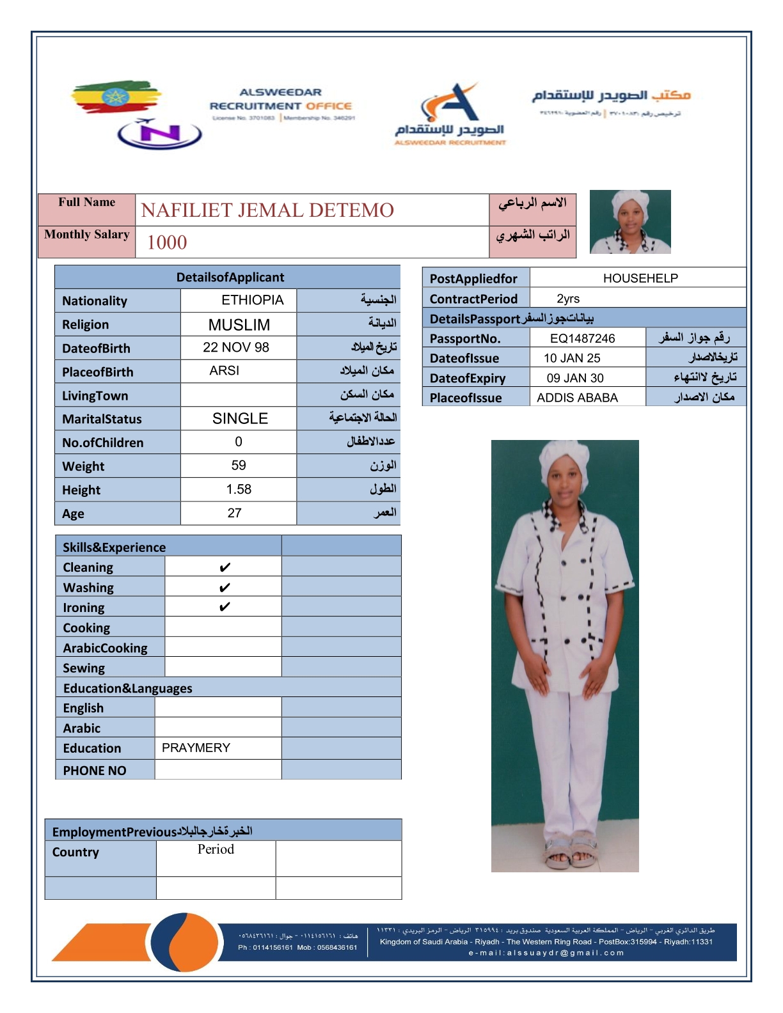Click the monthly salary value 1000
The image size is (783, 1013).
coord(167,242)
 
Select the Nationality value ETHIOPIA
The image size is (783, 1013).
coord(252,300)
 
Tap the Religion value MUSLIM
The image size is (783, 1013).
coord(239,325)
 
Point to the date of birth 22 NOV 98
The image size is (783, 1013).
coord(236,347)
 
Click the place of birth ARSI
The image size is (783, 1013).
coord(225,371)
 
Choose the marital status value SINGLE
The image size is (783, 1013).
coord(240,418)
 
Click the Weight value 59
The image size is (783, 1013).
coord(239,466)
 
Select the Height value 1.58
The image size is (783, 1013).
coord(239,489)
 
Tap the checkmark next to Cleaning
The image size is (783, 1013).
coord(225,567)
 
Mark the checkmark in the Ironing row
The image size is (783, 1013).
coord(225,607)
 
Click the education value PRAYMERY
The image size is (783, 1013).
coord(196,748)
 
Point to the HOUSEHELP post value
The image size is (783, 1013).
coord(640,278)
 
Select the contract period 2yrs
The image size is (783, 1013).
coord(568,299)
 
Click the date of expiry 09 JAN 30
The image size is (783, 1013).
coord(575,378)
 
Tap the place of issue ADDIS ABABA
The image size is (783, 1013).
coord(577,398)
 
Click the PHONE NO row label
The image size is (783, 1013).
coord(95,771)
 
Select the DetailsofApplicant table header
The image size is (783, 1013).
coord(230,278)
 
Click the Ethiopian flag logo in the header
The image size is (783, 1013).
coord(115,97)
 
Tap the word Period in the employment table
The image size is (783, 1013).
coord(216,849)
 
